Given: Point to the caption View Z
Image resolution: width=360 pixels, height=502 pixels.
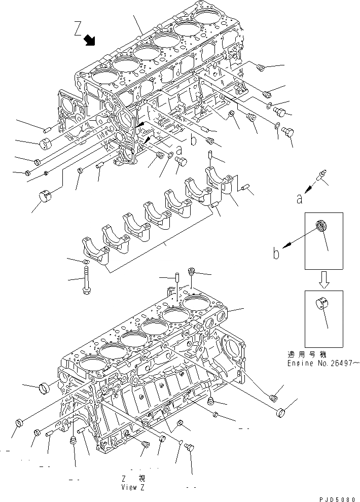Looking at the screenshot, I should (x=133, y=487).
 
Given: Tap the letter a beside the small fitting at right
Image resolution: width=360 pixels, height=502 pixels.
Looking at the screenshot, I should (x=300, y=199).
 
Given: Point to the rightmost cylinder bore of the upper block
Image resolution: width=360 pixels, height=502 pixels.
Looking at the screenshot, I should (x=208, y=18).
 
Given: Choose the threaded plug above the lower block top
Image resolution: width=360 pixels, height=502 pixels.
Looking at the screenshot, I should (x=192, y=272).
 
